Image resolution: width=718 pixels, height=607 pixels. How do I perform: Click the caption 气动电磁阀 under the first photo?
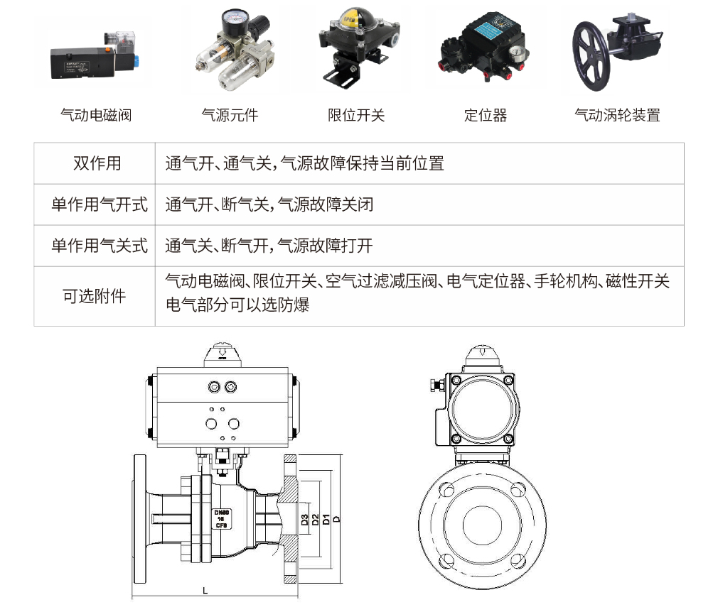point(96,115)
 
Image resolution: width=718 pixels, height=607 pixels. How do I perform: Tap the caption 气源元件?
point(230,115)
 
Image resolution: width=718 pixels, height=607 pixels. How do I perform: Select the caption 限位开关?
point(356,115)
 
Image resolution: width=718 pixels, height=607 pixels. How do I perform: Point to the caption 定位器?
point(486,115)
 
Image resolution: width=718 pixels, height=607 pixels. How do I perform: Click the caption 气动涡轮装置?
point(617,115)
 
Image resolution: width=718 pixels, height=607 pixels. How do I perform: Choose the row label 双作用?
point(97,163)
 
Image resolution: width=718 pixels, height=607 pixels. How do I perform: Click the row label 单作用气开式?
point(100,204)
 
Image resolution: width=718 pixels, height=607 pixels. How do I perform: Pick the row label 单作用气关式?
point(100,246)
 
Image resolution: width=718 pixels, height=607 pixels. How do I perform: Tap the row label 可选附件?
point(95,297)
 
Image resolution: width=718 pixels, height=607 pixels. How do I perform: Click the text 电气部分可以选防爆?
point(237,305)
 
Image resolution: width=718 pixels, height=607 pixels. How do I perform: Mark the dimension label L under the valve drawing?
point(205,591)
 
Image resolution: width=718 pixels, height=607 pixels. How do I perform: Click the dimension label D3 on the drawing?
point(304,520)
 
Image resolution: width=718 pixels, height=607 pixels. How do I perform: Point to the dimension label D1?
point(326,519)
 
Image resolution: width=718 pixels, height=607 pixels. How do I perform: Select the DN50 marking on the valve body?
point(221,513)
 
